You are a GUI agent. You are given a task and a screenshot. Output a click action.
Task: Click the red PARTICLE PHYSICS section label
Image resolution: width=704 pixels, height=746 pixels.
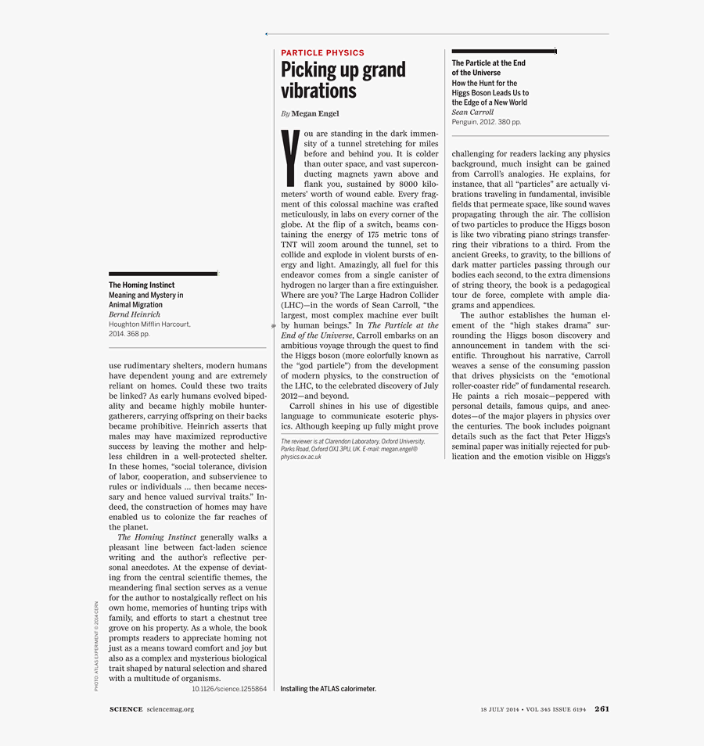(x=322, y=53)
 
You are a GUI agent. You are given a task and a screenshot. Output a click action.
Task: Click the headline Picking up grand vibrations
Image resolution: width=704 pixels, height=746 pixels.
(x=343, y=80)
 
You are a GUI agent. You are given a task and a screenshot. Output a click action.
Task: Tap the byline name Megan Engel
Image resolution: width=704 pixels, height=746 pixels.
(x=315, y=113)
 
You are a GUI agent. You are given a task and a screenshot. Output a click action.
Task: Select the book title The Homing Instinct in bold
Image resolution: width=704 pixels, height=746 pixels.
(x=142, y=285)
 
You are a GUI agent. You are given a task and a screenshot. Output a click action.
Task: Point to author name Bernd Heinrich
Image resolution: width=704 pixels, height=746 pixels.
(x=135, y=314)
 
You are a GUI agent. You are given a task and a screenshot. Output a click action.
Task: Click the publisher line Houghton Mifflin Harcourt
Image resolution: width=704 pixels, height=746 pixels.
(x=149, y=324)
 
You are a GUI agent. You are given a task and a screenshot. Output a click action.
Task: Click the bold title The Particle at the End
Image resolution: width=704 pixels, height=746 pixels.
(x=488, y=63)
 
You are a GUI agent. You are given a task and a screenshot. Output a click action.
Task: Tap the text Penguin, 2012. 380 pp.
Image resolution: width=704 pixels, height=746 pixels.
(x=486, y=122)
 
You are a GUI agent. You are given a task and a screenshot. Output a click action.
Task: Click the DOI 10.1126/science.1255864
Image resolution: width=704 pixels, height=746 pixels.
(x=229, y=689)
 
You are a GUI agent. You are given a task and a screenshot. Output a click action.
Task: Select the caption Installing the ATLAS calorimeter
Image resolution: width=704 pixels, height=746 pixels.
(x=328, y=689)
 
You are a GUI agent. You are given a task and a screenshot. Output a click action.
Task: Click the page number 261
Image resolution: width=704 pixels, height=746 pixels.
(x=602, y=709)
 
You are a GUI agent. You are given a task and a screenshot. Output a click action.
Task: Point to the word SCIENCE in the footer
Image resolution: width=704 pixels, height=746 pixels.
(x=126, y=709)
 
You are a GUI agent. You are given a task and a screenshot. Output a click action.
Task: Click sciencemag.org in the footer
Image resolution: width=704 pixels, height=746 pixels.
(x=170, y=709)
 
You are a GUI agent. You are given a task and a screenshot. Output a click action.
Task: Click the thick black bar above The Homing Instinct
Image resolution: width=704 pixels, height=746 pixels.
(x=163, y=274)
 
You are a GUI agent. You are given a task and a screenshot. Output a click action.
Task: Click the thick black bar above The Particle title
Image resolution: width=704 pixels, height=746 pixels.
(x=503, y=52)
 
